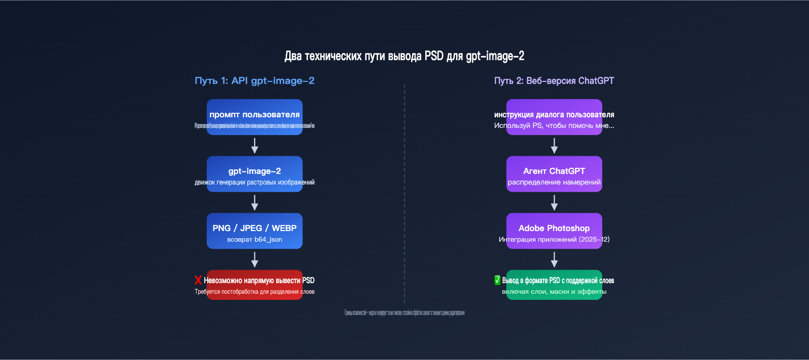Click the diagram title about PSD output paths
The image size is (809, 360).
pos(404,56)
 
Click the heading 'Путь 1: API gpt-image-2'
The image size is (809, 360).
pos(254,81)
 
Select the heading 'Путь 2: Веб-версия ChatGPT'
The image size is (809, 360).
pos(554,81)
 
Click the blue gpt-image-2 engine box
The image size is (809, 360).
pos(254,173)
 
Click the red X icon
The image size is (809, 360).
pos(198,280)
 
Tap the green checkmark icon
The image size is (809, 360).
pos(497,280)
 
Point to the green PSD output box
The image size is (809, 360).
pos(554,285)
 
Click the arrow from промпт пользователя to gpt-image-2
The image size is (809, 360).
pos(254,146)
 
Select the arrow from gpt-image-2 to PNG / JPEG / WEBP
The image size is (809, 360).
pos(254,203)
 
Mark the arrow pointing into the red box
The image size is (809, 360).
pos(254,259)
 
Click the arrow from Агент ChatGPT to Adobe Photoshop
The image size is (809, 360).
pos(554,203)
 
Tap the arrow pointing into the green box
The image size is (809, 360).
pos(554,259)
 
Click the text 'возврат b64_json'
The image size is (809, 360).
pos(254,240)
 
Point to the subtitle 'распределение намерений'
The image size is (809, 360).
pos(554,183)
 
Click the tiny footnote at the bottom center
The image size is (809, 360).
pos(404,313)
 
